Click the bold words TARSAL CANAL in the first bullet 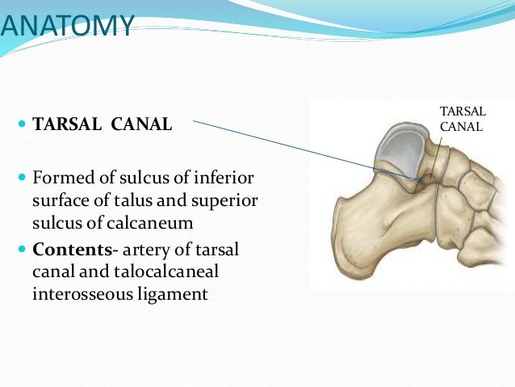pyautogui.click(x=102, y=125)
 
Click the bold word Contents pyautogui.click(x=66, y=250)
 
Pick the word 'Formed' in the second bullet pyautogui.click(x=59, y=176)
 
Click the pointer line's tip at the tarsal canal pyautogui.click(x=419, y=179)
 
